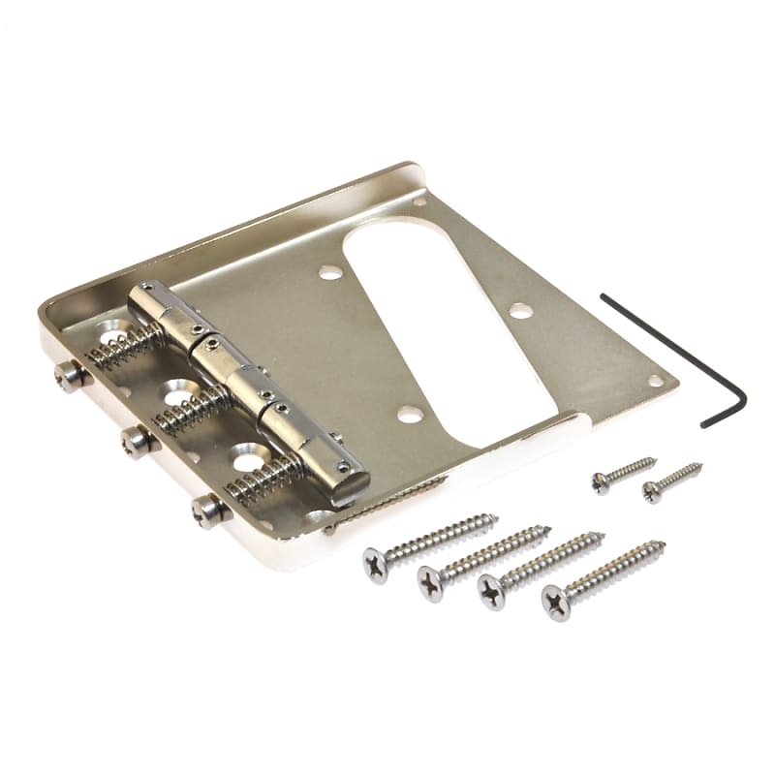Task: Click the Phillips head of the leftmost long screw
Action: click(x=376, y=563)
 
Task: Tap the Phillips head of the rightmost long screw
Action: click(x=555, y=602)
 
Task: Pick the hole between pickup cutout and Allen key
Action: click(x=522, y=310)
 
